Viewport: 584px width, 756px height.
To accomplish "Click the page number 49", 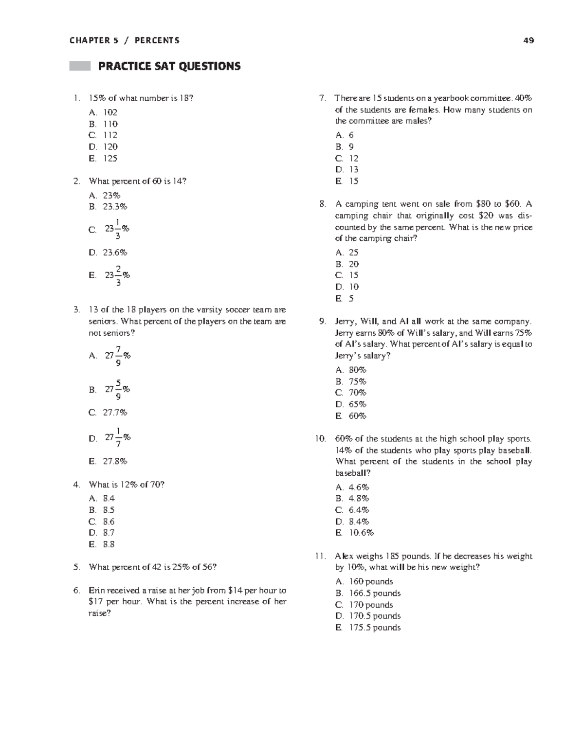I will [529, 40].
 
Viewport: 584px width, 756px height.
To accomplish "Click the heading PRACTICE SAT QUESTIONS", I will [169, 66].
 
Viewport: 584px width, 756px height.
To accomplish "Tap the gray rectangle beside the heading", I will [80, 66].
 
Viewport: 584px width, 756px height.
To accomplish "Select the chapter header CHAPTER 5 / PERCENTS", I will [125, 40].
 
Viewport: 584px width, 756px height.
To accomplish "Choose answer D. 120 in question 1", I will [104, 146].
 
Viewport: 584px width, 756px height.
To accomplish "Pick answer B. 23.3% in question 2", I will [108, 206].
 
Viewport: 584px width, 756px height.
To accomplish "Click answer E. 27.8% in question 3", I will [108, 461].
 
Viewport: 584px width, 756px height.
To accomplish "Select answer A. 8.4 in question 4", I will [102, 498].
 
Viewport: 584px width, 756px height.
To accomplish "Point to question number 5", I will [76, 567].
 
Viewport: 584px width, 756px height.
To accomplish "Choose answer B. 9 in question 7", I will [345, 146].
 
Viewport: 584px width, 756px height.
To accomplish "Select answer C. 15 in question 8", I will [347, 275].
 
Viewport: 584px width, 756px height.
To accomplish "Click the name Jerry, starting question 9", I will [346, 322].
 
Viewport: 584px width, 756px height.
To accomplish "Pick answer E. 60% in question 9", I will [351, 416].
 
